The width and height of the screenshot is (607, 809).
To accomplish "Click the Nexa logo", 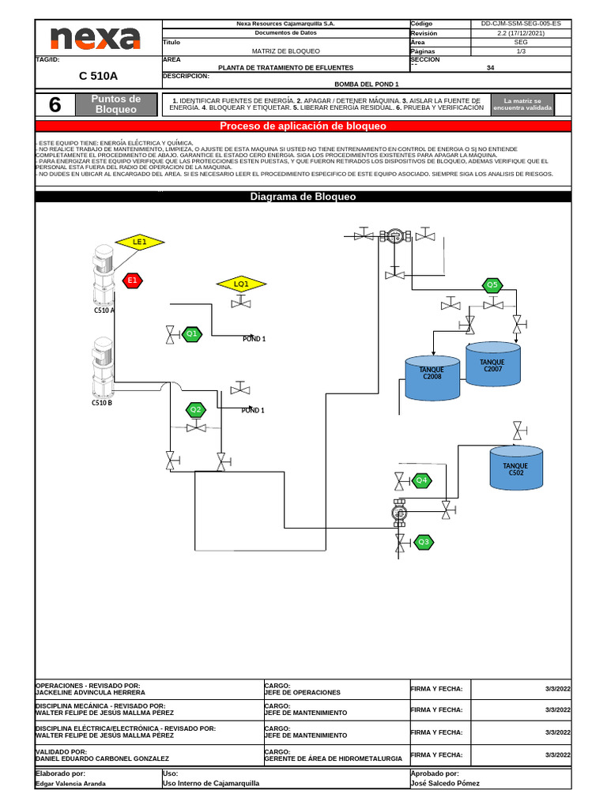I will [x=96, y=39].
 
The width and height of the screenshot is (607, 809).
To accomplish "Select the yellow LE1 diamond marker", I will [x=139, y=243].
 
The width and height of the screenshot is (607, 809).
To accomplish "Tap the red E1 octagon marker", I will [x=133, y=280].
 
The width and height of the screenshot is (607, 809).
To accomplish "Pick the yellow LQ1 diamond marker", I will [x=241, y=284].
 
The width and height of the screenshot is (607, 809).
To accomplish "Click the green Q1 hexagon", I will [x=191, y=334].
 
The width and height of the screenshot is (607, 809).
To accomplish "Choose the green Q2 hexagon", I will [x=195, y=409].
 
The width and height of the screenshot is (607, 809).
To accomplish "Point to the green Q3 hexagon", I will [x=424, y=542].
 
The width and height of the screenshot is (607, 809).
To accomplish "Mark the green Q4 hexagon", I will [x=422, y=480].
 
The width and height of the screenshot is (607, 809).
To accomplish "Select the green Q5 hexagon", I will [x=492, y=284].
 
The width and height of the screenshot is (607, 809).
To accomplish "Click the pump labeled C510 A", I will [x=104, y=276].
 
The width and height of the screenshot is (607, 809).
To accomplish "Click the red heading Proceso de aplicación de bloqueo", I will [x=303, y=126].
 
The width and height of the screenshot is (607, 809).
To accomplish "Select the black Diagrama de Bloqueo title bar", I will [x=303, y=197].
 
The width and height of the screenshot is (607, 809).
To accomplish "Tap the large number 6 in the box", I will [x=55, y=104].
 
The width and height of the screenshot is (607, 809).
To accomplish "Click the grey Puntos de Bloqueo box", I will [x=116, y=104].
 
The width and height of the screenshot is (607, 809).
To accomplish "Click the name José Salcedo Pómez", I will [x=445, y=784].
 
